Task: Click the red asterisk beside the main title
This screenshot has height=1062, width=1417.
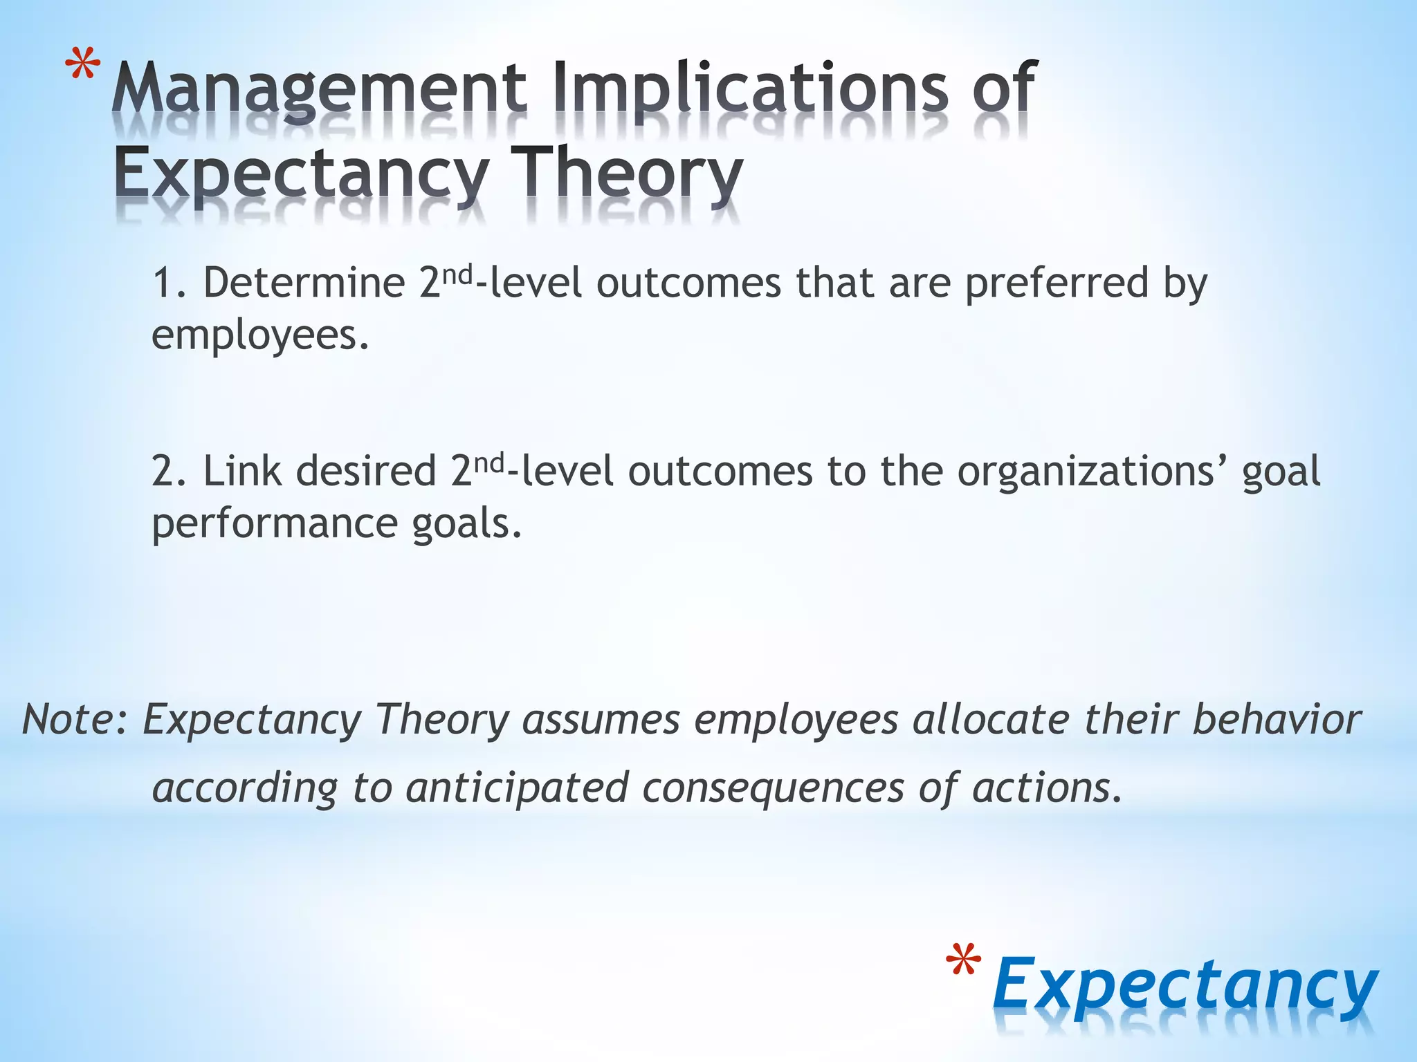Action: click(x=82, y=70)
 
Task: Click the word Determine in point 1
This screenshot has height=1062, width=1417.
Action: click(x=304, y=283)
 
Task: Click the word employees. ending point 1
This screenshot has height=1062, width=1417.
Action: click(x=260, y=336)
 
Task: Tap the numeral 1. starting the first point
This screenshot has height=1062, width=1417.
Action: click(x=170, y=283)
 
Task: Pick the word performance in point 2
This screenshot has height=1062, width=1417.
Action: click(x=274, y=524)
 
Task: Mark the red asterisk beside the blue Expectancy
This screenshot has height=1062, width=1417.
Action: click(x=963, y=961)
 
